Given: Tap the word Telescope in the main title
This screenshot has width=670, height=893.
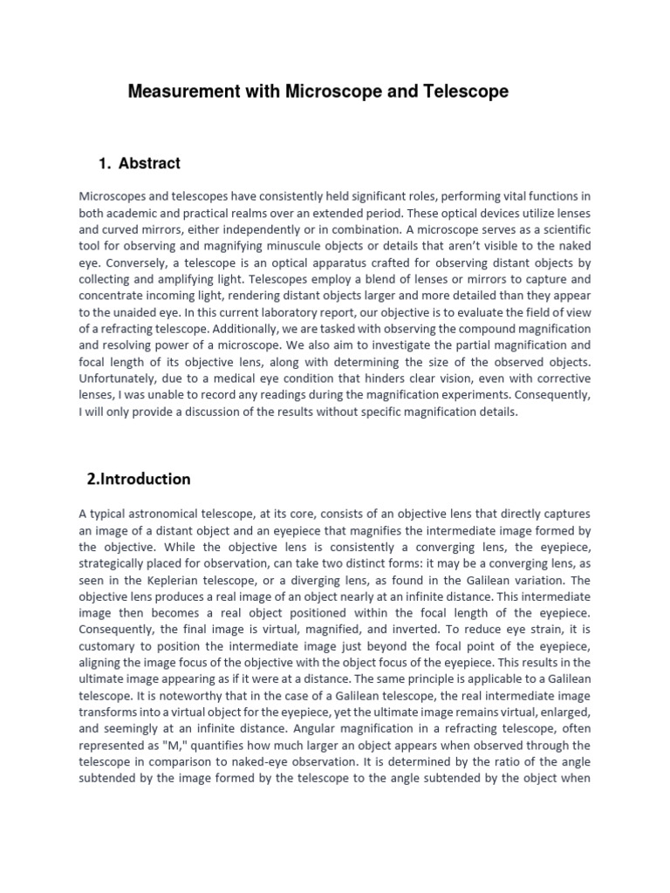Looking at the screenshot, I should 466,92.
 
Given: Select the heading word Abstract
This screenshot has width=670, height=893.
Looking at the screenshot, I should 150,163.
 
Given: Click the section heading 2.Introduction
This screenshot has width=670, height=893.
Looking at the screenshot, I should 139,479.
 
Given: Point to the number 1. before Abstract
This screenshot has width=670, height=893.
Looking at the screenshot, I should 106,163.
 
